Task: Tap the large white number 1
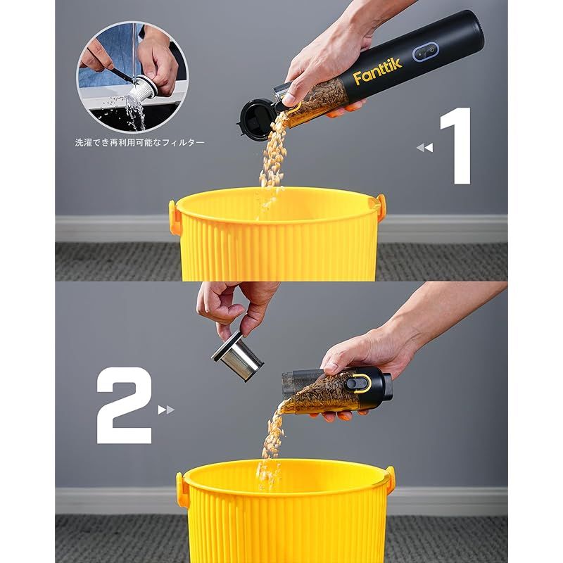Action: pos(458,146)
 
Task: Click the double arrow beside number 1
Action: pos(424,147)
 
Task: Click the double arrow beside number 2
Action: pos(166,410)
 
